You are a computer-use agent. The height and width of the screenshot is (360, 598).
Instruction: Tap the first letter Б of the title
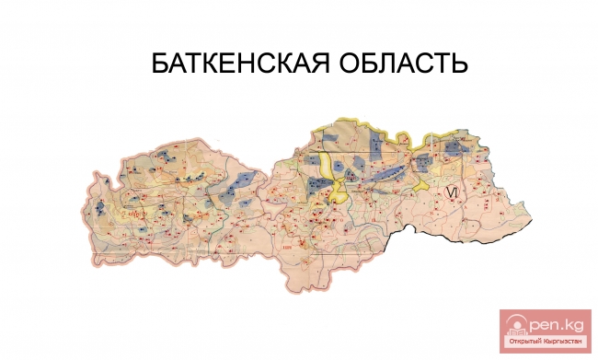pyautogui.click(x=158, y=65)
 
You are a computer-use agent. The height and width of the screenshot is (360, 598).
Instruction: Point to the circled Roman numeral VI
pyautogui.click(x=450, y=191)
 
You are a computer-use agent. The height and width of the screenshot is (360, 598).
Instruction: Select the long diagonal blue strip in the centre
pyautogui.click(x=386, y=171)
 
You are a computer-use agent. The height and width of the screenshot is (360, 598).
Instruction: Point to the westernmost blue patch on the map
pyautogui.click(x=98, y=205)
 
